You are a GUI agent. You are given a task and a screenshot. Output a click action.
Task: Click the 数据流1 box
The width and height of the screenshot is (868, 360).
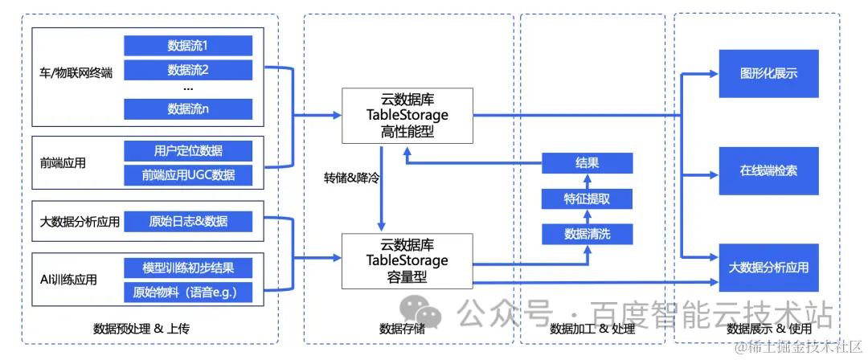(188, 46)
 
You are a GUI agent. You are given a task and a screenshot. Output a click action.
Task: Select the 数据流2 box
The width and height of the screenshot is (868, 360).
(188, 70)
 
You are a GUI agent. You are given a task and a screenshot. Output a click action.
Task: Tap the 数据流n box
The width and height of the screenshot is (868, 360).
(188, 108)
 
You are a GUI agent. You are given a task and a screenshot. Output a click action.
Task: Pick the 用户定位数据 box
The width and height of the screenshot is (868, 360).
(188, 150)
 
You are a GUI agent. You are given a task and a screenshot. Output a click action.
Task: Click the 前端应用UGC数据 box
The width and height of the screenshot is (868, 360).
(188, 174)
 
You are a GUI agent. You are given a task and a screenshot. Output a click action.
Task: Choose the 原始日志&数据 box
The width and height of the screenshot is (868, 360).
(188, 221)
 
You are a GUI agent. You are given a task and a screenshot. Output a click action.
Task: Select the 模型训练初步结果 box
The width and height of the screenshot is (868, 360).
(188, 268)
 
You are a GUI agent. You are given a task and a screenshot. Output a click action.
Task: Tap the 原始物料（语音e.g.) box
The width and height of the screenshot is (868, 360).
(188, 292)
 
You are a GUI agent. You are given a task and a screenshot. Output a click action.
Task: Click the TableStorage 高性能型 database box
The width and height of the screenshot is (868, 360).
(407, 115)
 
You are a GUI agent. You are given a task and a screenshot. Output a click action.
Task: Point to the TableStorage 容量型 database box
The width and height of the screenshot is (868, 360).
(407, 260)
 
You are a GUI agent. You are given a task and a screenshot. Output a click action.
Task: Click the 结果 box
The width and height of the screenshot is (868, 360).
(587, 163)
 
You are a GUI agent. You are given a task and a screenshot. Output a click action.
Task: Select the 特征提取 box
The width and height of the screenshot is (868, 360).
(587, 198)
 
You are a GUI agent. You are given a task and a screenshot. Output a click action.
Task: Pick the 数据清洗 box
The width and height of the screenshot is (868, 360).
(587, 234)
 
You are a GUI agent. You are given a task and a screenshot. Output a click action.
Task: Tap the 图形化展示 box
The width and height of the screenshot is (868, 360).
(768, 74)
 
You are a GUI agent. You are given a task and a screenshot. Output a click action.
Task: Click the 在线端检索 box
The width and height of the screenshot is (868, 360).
(768, 170)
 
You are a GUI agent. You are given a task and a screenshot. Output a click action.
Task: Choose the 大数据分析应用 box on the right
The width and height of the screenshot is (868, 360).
(768, 267)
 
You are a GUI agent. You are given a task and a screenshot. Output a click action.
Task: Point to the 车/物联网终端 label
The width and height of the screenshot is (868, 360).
(76, 73)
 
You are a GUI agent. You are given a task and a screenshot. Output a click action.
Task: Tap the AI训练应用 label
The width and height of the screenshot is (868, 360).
(68, 280)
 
